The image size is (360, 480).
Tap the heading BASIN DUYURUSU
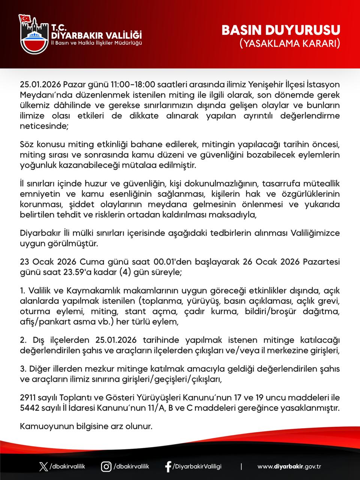pos(281,30)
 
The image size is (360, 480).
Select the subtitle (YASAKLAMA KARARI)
pos(289,43)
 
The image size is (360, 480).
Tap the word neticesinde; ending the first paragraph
pos(44,126)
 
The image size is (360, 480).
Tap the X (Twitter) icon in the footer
pos(43,466)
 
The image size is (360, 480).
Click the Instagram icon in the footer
pos(106,466)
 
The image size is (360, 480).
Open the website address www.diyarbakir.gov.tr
pos(289,466)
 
